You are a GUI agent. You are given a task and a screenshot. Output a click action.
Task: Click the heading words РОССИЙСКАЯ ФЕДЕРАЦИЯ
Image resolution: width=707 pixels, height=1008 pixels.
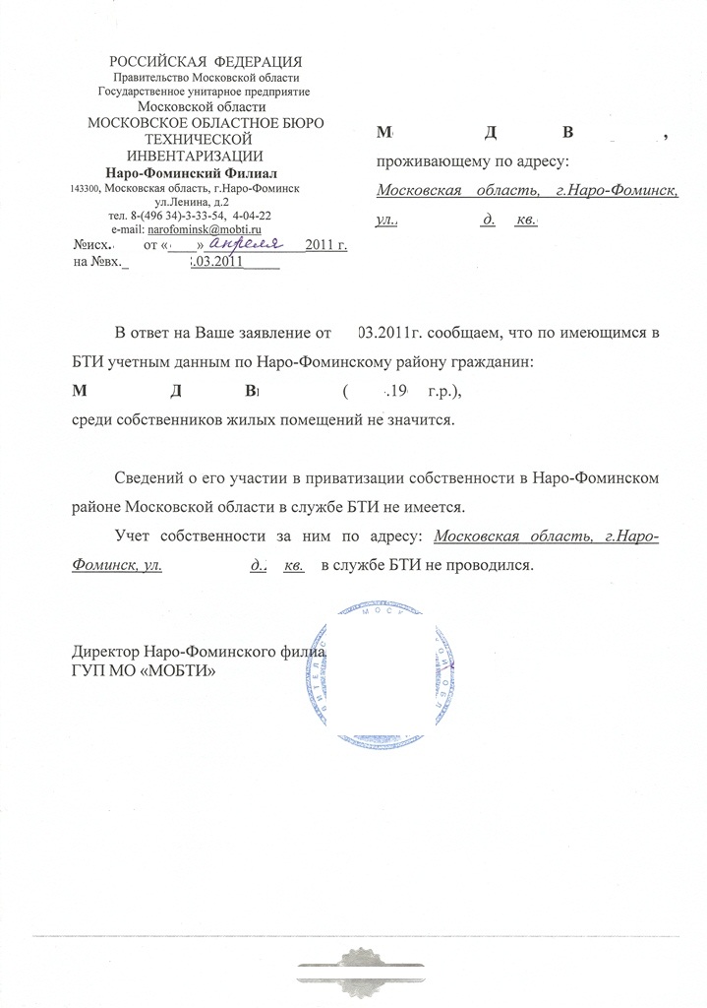[x=206, y=62]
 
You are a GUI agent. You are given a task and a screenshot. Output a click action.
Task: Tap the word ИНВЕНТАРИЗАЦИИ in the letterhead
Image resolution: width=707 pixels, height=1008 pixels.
[x=195, y=156]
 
